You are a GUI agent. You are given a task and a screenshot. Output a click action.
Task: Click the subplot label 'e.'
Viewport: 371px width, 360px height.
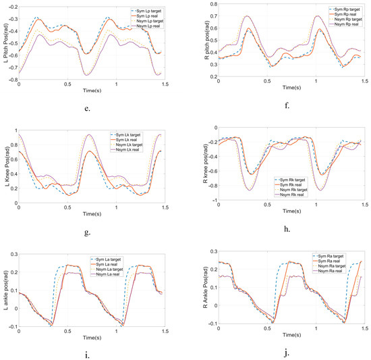[x=88, y=105]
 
